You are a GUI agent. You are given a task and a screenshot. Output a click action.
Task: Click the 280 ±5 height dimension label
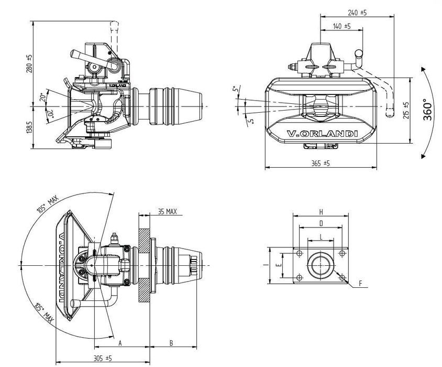click(x=29, y=63)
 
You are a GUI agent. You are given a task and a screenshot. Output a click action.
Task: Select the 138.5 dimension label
click(x=29, y=127)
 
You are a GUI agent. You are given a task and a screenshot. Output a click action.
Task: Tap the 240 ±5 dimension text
click(x=357, y=13)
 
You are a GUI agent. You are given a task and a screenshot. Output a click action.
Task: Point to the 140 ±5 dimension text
click(x=341, y=26)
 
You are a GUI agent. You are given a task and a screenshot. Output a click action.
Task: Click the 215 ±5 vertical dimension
click(x=406, y=111)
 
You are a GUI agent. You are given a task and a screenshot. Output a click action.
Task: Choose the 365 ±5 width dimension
click(x=321, y=163)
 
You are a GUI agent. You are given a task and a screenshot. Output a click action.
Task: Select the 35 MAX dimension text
click(x=168, y=211)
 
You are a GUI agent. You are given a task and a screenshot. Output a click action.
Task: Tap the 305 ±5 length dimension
click(x=103, y=358)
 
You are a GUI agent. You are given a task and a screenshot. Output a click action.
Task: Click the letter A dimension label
click(x=120, y=343)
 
